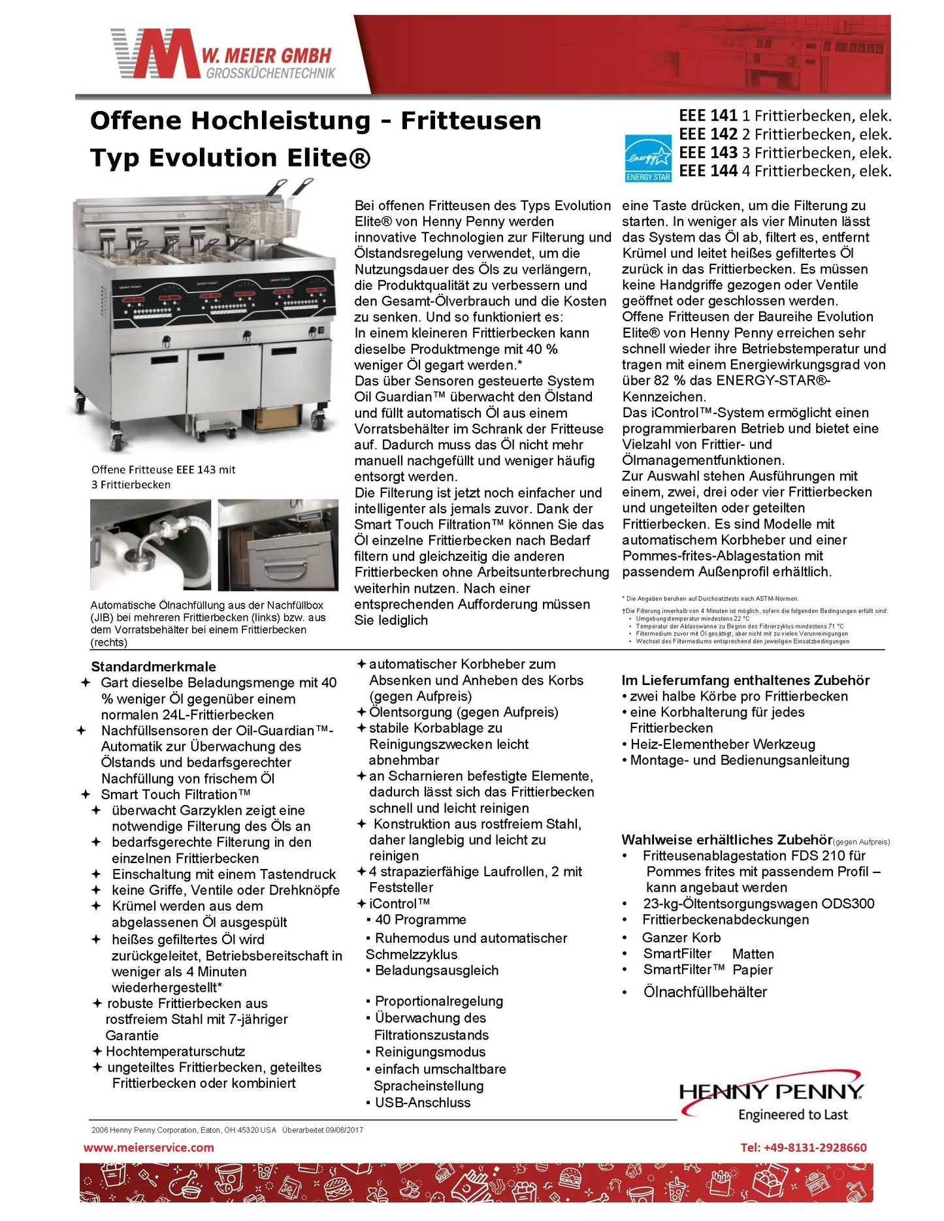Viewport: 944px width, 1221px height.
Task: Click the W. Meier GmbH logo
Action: pos(222,54)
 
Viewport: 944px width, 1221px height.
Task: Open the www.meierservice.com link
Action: pos(149,1147)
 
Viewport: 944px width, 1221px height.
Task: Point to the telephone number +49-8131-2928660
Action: pos(803,1147)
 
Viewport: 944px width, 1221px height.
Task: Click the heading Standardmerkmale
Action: pos(154,667)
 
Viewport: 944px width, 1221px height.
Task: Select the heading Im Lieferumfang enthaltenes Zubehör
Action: pos(745,680)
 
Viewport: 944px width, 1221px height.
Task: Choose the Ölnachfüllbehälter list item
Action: pos(705,992)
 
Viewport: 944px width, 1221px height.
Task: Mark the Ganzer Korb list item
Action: pos(681,938)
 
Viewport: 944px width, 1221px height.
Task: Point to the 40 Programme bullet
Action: pos(420,920)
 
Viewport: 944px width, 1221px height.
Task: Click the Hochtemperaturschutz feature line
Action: pos(175,1051)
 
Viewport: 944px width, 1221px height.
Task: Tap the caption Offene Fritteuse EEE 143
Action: pos(163,469)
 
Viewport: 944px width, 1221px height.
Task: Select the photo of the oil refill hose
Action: pos(150,545)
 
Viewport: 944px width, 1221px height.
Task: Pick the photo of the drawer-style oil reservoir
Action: pos(278,545)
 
